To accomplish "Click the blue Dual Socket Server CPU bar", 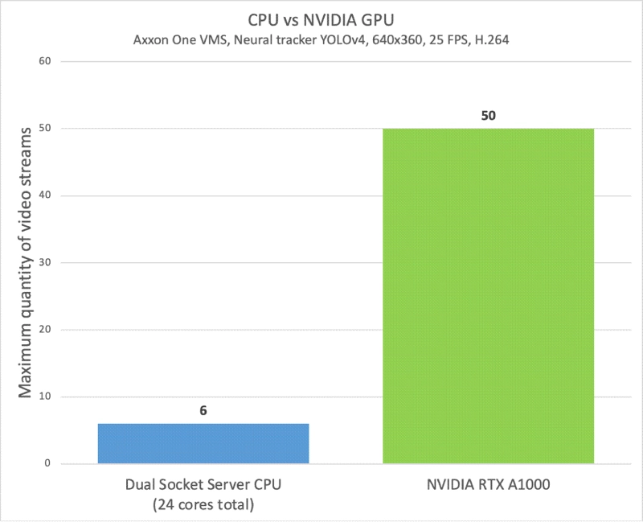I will point(203,443).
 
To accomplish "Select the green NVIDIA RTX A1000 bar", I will point(488,296).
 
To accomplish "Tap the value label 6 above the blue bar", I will point(203,409).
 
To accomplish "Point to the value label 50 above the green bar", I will point(488,115).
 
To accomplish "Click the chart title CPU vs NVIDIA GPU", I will point(321,18).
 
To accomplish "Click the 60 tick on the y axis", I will point(46,61).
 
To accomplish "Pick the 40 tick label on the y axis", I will point(46,195).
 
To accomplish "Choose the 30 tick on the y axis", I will point(46,263).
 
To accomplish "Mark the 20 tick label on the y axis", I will point(46,330).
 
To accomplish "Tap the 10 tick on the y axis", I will point(46,397).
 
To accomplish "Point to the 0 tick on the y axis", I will point(49,464).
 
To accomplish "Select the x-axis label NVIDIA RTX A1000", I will point(488,486).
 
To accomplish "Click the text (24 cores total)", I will point(203,505).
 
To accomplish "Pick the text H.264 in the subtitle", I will point(492,39).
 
